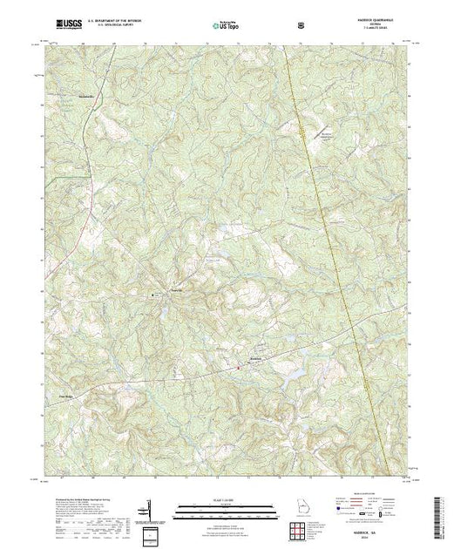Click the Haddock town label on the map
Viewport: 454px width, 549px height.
tap(255, 359)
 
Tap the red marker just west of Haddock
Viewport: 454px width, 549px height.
tap(240, 369)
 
